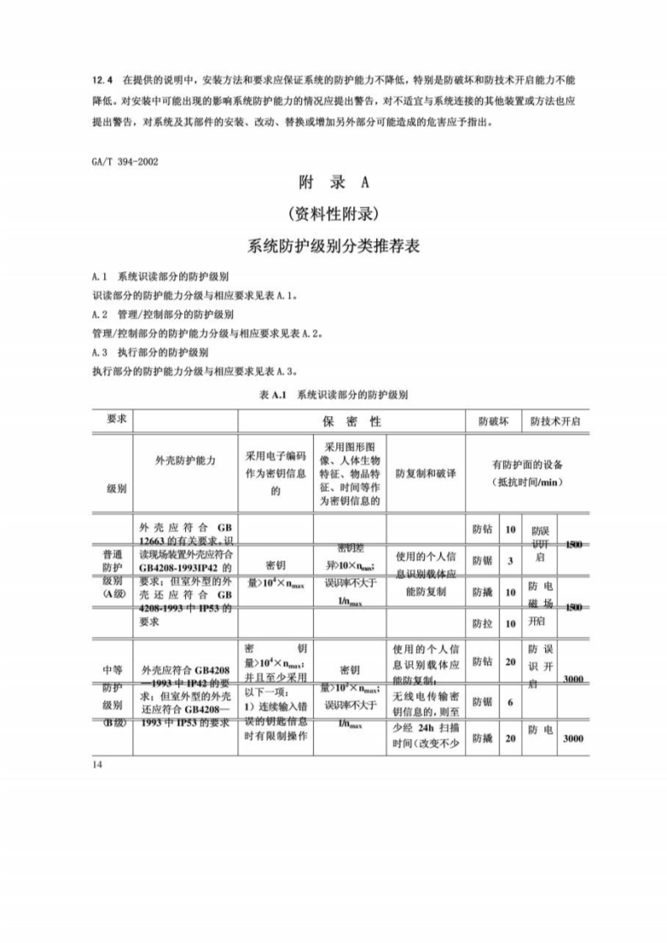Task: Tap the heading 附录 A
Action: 334,182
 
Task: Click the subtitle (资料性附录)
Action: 334,213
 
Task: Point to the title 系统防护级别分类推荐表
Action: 334,247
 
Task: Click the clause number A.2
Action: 100,313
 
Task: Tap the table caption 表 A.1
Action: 273,393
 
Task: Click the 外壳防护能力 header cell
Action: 186,461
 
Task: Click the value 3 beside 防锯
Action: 510,561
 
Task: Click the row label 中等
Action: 113,670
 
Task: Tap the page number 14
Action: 98,763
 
